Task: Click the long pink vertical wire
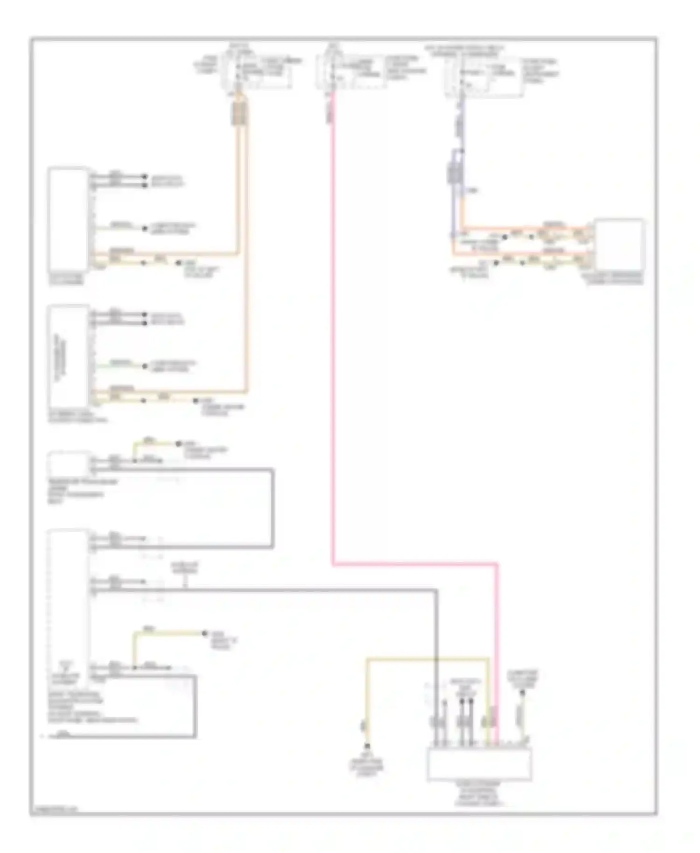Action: (333, 327)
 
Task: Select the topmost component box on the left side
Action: (69, 219)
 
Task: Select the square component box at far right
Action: (619, 245)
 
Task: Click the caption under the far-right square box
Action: (613, 279)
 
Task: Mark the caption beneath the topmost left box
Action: (67, 280)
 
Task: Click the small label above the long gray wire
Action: (185, 568)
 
